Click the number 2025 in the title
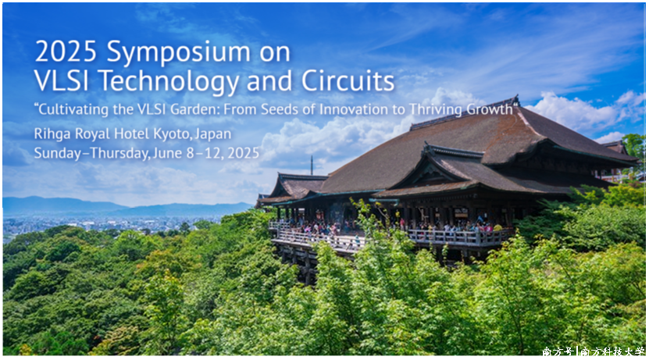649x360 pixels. (x=66, y=52)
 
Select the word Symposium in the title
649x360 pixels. (x=178, y=54)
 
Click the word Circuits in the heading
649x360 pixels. (x=348, y=80)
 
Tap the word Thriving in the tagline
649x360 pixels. (x=436, y=109)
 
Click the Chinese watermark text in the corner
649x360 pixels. (x=594, y=351)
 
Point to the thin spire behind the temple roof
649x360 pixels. (x=312, y=166)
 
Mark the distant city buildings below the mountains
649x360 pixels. (x=103, y=223)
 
